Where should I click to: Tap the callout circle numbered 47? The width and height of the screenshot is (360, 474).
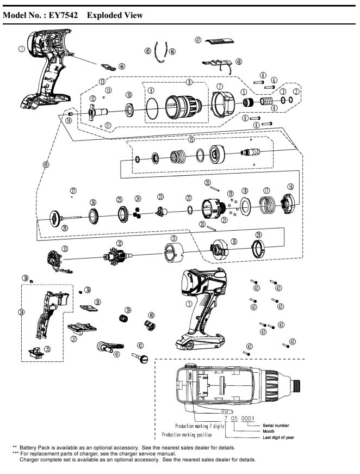(198, 40)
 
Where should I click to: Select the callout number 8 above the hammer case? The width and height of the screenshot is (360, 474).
(189, 83)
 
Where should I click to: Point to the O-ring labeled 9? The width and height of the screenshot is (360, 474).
(153, 108)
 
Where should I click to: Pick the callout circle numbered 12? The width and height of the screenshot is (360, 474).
(93, 99)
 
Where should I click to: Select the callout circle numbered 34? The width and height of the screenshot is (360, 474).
(21, 312)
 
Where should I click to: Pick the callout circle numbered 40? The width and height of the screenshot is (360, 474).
(152, 315)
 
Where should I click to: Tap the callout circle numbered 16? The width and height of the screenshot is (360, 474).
(290, 186)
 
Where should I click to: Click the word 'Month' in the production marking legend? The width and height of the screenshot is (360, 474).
(269, 431)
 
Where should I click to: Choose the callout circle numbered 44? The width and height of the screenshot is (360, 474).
(122, 66)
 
